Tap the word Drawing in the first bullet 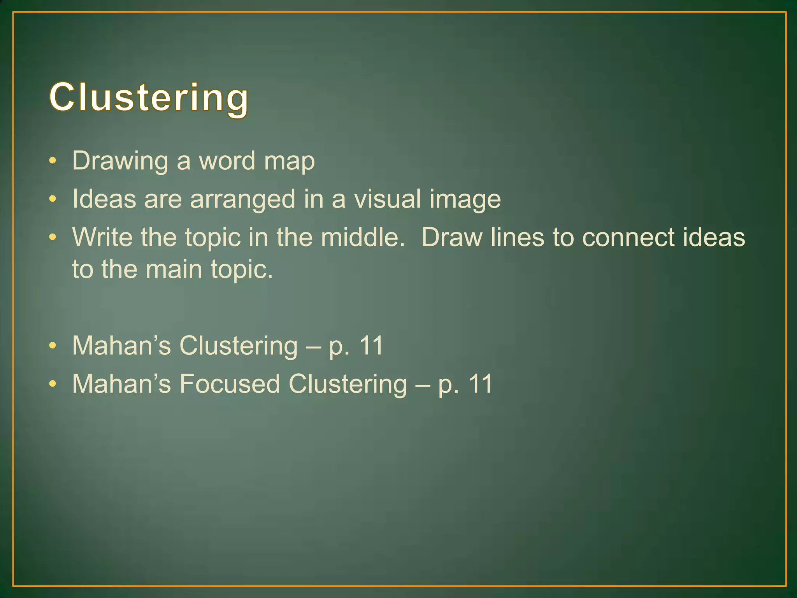(x=120, y=161)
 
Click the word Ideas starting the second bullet (x=104, y=199)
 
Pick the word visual (x=387, y=199)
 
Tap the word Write (x=102, y=237)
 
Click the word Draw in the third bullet (x=451, y=237)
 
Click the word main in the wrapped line (x=174, y=269)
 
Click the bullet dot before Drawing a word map (x=53, y=161)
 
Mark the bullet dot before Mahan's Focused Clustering (x=53, y=384)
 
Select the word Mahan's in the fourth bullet (x=121, y=346)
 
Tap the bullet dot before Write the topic (x=53, y=237)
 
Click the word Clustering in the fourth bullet (x=239, y=346)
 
